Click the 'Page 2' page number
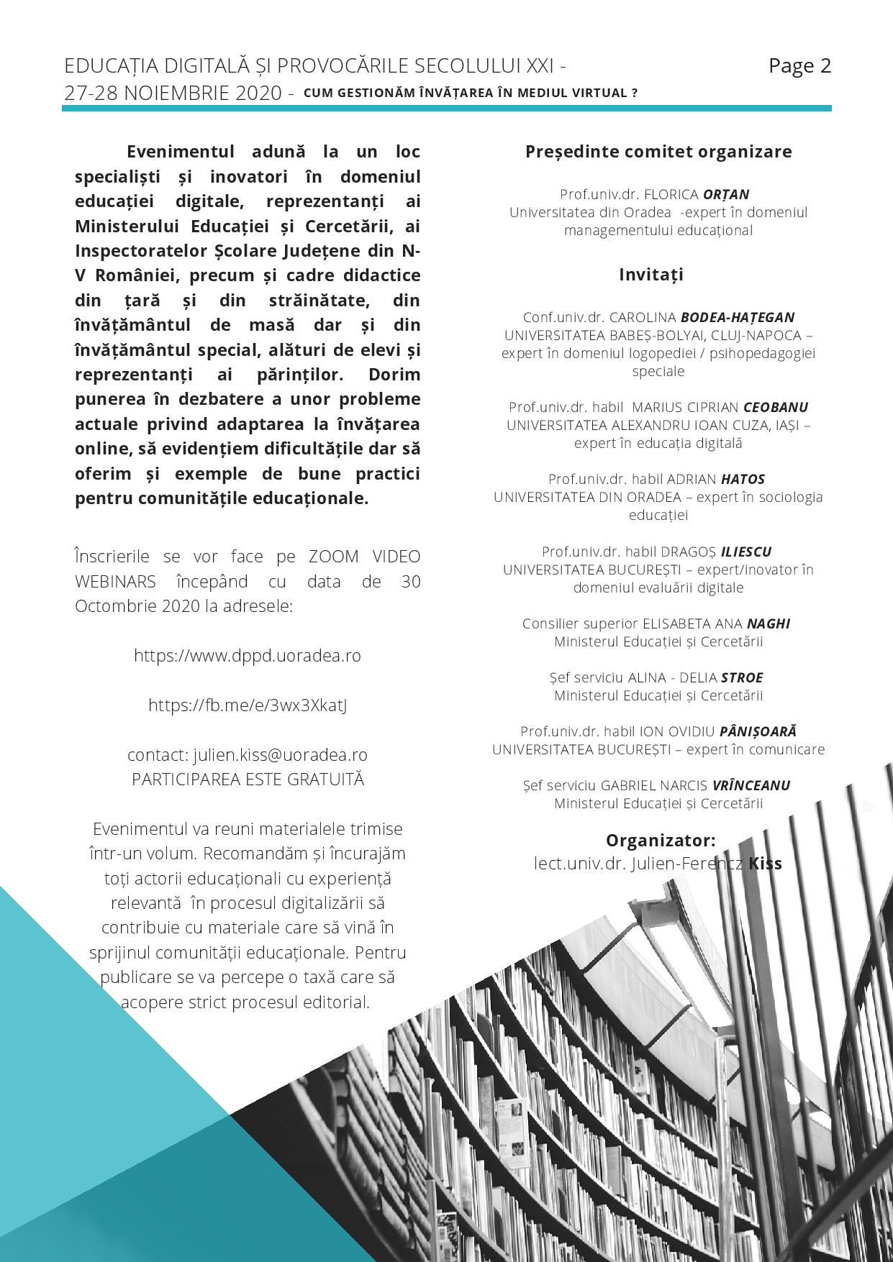click(x=799, y=66)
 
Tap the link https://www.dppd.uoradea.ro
click(x=248, y=656)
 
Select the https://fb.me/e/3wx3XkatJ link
click(x=248, y=705)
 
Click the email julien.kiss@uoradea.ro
click(x=281, y=755)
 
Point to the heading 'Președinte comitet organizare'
click(x=658, y=152)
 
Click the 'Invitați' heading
click(x=651, y=275)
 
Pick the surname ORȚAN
click(x=726, y=194)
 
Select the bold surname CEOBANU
click(x=776, y=407)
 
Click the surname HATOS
click(x=743, y=479)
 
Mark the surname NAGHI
click(x=769, y=623)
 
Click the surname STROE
click(x=742, y=677)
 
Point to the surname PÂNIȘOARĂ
click(x=758, y=731)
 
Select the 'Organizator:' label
click(x=661, y=841)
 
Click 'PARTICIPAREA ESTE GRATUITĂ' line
click(x=248, y=779)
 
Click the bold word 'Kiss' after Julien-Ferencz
click(x=765, y=863)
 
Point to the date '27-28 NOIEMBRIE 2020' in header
click(x=173, y=93)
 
